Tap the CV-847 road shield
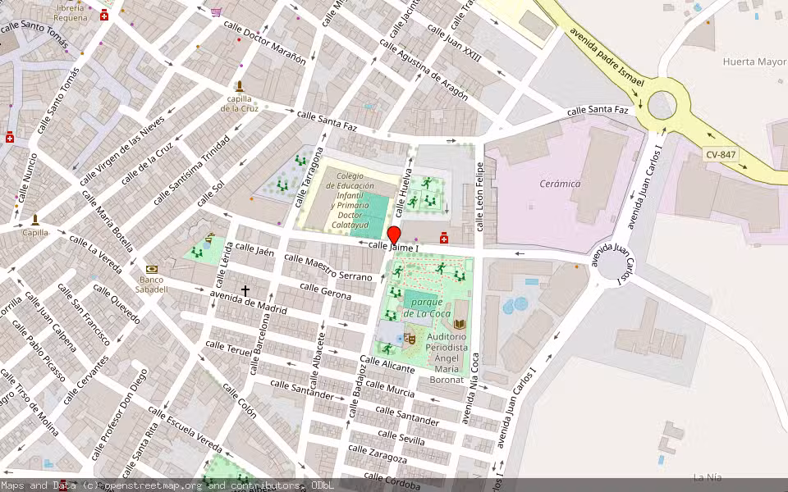click(720, 154)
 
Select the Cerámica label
click(560, 184)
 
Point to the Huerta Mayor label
click(754, 61)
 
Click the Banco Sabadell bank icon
click(151, 269)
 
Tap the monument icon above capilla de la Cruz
click(240, 86)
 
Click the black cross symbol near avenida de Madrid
click(245, 291)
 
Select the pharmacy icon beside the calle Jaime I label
click(444, 238)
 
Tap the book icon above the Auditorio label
click(459, 325)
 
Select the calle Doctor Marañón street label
click(265, 43)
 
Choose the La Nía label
click(706, 477)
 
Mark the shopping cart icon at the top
click(216, 12)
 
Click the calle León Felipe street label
click(480, 194)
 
